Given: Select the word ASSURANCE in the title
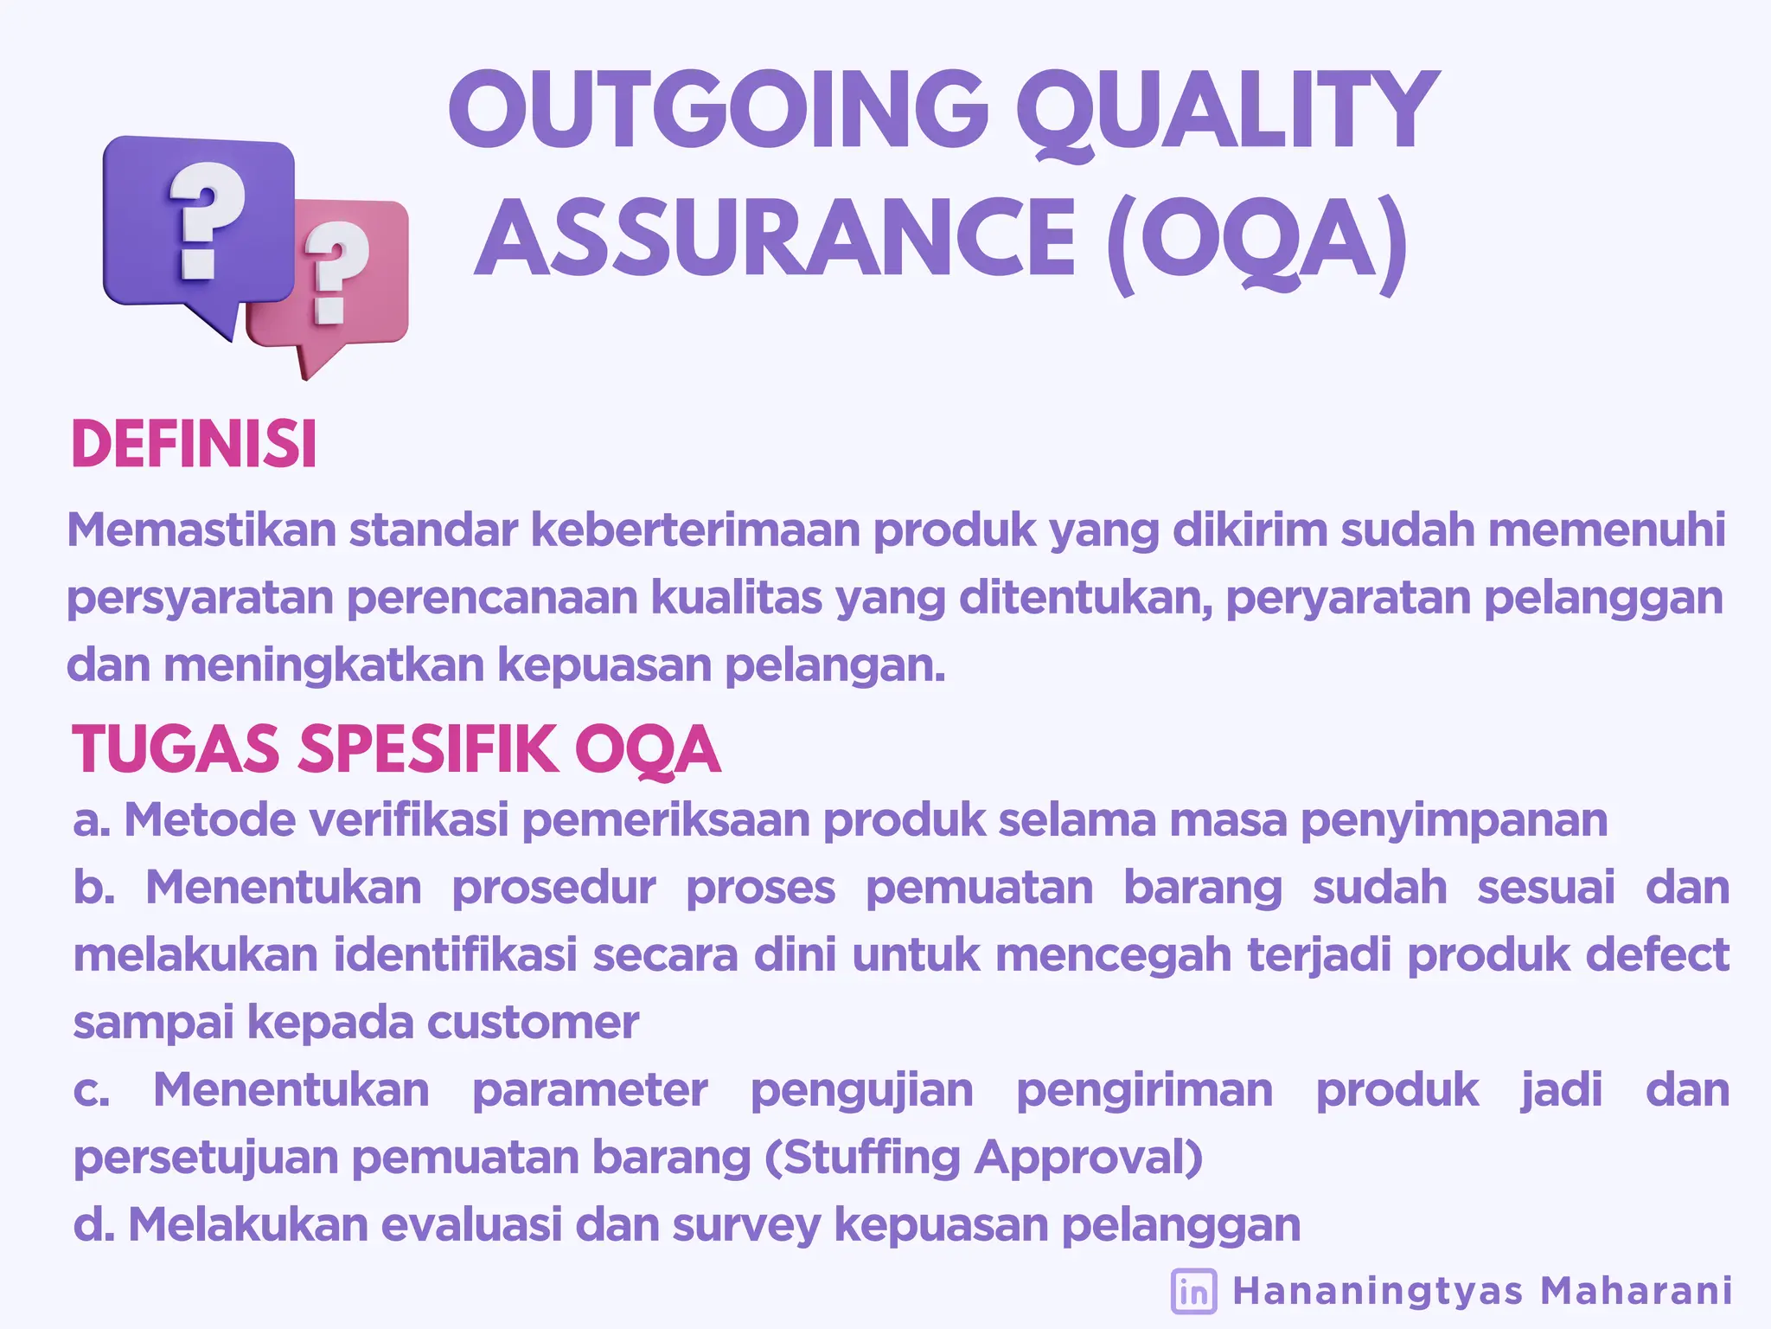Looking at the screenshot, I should [x=775, y=238].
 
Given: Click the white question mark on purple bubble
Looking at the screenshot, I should [x=204, y=221].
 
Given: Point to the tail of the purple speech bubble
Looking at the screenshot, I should [x=221, y=324].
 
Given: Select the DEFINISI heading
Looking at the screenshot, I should [x=194, y=445].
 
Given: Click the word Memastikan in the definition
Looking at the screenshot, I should [x=201, y=530].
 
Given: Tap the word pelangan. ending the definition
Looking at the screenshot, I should [x=834, y=665].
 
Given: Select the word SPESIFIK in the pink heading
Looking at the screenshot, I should [x=429, y=749].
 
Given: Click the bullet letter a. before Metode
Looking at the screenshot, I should [x=91, y=820].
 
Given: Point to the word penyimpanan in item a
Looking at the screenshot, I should [x=1453, y=820].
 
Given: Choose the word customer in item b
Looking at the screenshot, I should [x=533, y=1023].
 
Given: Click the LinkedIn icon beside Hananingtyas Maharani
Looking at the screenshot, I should [x=1193, y=1291].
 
